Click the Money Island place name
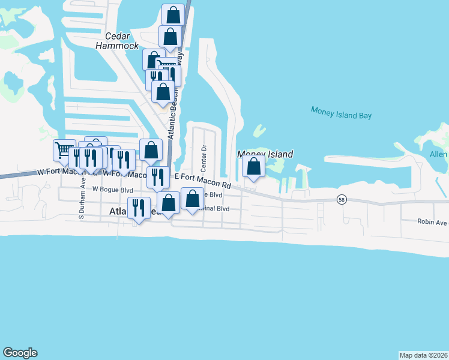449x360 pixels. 265,154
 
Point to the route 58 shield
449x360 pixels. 342,200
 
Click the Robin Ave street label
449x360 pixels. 432,221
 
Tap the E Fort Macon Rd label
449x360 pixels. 203,176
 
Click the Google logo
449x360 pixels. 20,353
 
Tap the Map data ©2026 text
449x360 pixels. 424,355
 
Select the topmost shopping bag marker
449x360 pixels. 173,14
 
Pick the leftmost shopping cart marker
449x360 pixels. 64,150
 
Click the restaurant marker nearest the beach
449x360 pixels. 139,208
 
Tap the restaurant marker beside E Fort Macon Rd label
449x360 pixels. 158,177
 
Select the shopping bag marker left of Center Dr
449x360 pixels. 151,149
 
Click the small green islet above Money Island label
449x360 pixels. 259,131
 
